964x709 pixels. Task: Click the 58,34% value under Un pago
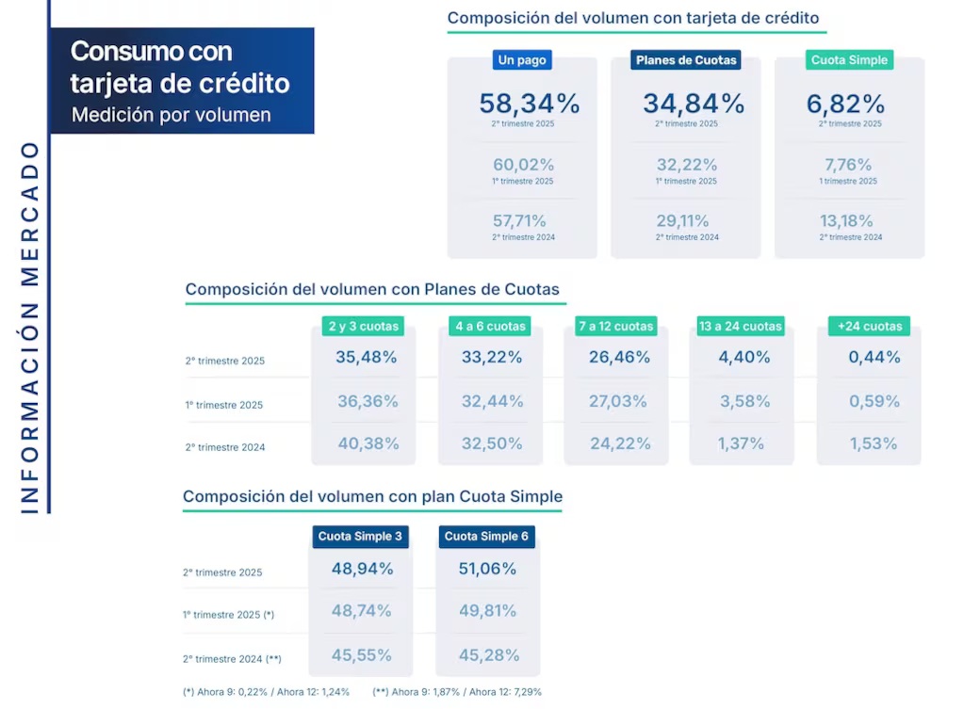[529, 104]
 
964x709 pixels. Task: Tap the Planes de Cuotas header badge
[686, 60]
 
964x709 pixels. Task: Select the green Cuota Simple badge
[849, 60]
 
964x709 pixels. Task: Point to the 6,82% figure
[845, 104]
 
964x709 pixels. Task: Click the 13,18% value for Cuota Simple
[848, 221]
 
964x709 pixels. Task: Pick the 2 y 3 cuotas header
[364, 327]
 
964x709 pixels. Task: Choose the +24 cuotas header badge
[869, 327]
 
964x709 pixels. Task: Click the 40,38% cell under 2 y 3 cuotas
[368, 443]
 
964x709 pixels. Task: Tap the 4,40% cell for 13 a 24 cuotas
[744, 358]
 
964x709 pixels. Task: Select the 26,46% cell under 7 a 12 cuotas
[619, 358]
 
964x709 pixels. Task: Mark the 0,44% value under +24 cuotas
[874, 358]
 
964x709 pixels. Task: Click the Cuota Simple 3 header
[360, 537]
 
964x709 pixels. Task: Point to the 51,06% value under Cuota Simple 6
[487, 569]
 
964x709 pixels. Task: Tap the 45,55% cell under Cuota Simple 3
[362, 654]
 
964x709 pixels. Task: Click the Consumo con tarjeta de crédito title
[180, 67]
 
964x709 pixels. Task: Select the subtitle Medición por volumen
[171, 115]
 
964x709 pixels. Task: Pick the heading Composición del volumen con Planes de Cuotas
[372, 289]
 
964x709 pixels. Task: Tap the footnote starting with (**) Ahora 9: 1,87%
[457, 692]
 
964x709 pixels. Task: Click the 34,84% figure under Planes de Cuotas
[694, 104]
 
